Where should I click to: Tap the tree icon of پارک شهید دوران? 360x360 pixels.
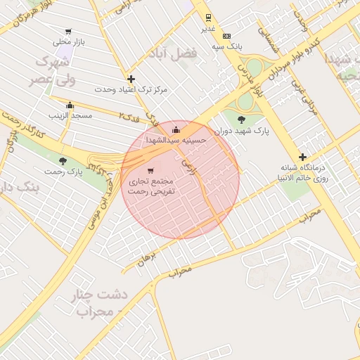[x=242, y=120]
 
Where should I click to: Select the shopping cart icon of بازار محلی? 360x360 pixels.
[x=68, y=32]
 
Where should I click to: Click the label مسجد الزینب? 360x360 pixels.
[x=70, y=115]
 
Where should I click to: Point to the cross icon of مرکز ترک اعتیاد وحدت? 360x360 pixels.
[x=131, y=79]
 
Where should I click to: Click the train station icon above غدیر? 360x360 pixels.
[x=208, y=18]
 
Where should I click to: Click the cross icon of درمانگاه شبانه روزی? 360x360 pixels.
[x=302, y=157]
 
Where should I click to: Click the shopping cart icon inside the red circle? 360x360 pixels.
[x=150, y=170]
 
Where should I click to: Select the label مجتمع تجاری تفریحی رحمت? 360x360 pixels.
[x=150, y=185]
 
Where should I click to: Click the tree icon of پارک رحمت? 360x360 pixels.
[x=63, y=161]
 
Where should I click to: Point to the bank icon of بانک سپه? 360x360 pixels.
[x=226, y=36]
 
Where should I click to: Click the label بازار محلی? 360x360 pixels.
[x=70, y=42]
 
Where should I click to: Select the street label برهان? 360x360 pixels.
[x=145, y=261]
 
